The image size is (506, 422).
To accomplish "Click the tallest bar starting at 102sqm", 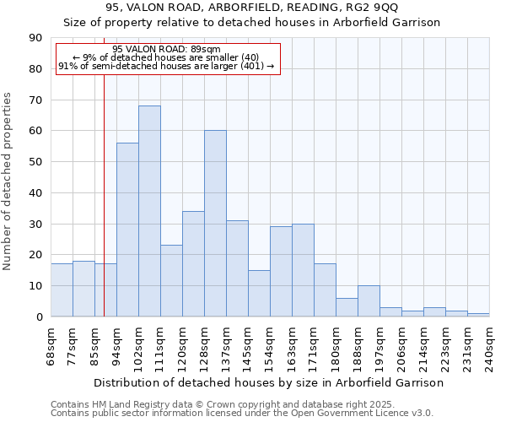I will tap(149, 211).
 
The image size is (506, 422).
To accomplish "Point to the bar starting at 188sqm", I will tap(369, 301).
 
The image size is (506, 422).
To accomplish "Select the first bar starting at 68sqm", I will tap(62, 290).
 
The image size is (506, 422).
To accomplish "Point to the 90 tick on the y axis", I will tap(35, 38).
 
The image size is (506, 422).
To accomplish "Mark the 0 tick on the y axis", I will tap(39, 316).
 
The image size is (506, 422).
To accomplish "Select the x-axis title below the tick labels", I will tap(269, 382).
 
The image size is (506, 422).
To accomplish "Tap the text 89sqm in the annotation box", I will tap(205, 49).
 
